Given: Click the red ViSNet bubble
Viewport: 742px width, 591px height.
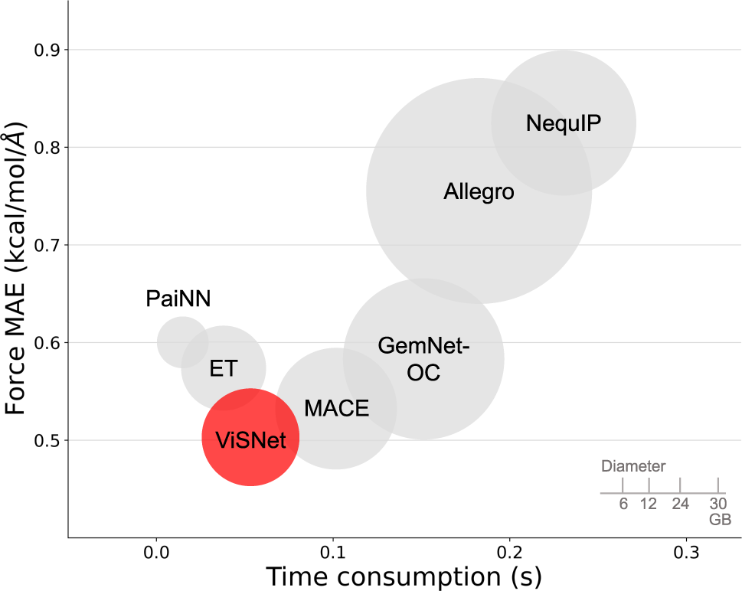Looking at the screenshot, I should (250, 438).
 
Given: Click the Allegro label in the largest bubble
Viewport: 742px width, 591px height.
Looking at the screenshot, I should (479, 191).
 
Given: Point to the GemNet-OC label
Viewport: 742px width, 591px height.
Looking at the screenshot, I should (423, 360).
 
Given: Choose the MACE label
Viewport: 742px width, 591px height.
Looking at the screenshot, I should (336, 408).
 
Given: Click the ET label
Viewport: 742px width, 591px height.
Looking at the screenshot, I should (224, 369).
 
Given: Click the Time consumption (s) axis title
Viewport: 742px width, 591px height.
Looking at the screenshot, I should (404, 576).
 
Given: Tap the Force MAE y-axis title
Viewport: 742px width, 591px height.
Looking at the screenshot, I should (17, 273).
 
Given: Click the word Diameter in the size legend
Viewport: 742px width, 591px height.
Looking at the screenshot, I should (633, 465).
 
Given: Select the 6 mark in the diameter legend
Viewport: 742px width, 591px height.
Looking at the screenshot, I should (623, 504).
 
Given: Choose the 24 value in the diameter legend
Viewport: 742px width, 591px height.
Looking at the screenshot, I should (680, 504).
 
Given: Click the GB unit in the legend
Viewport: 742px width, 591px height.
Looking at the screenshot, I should (719, 519).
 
